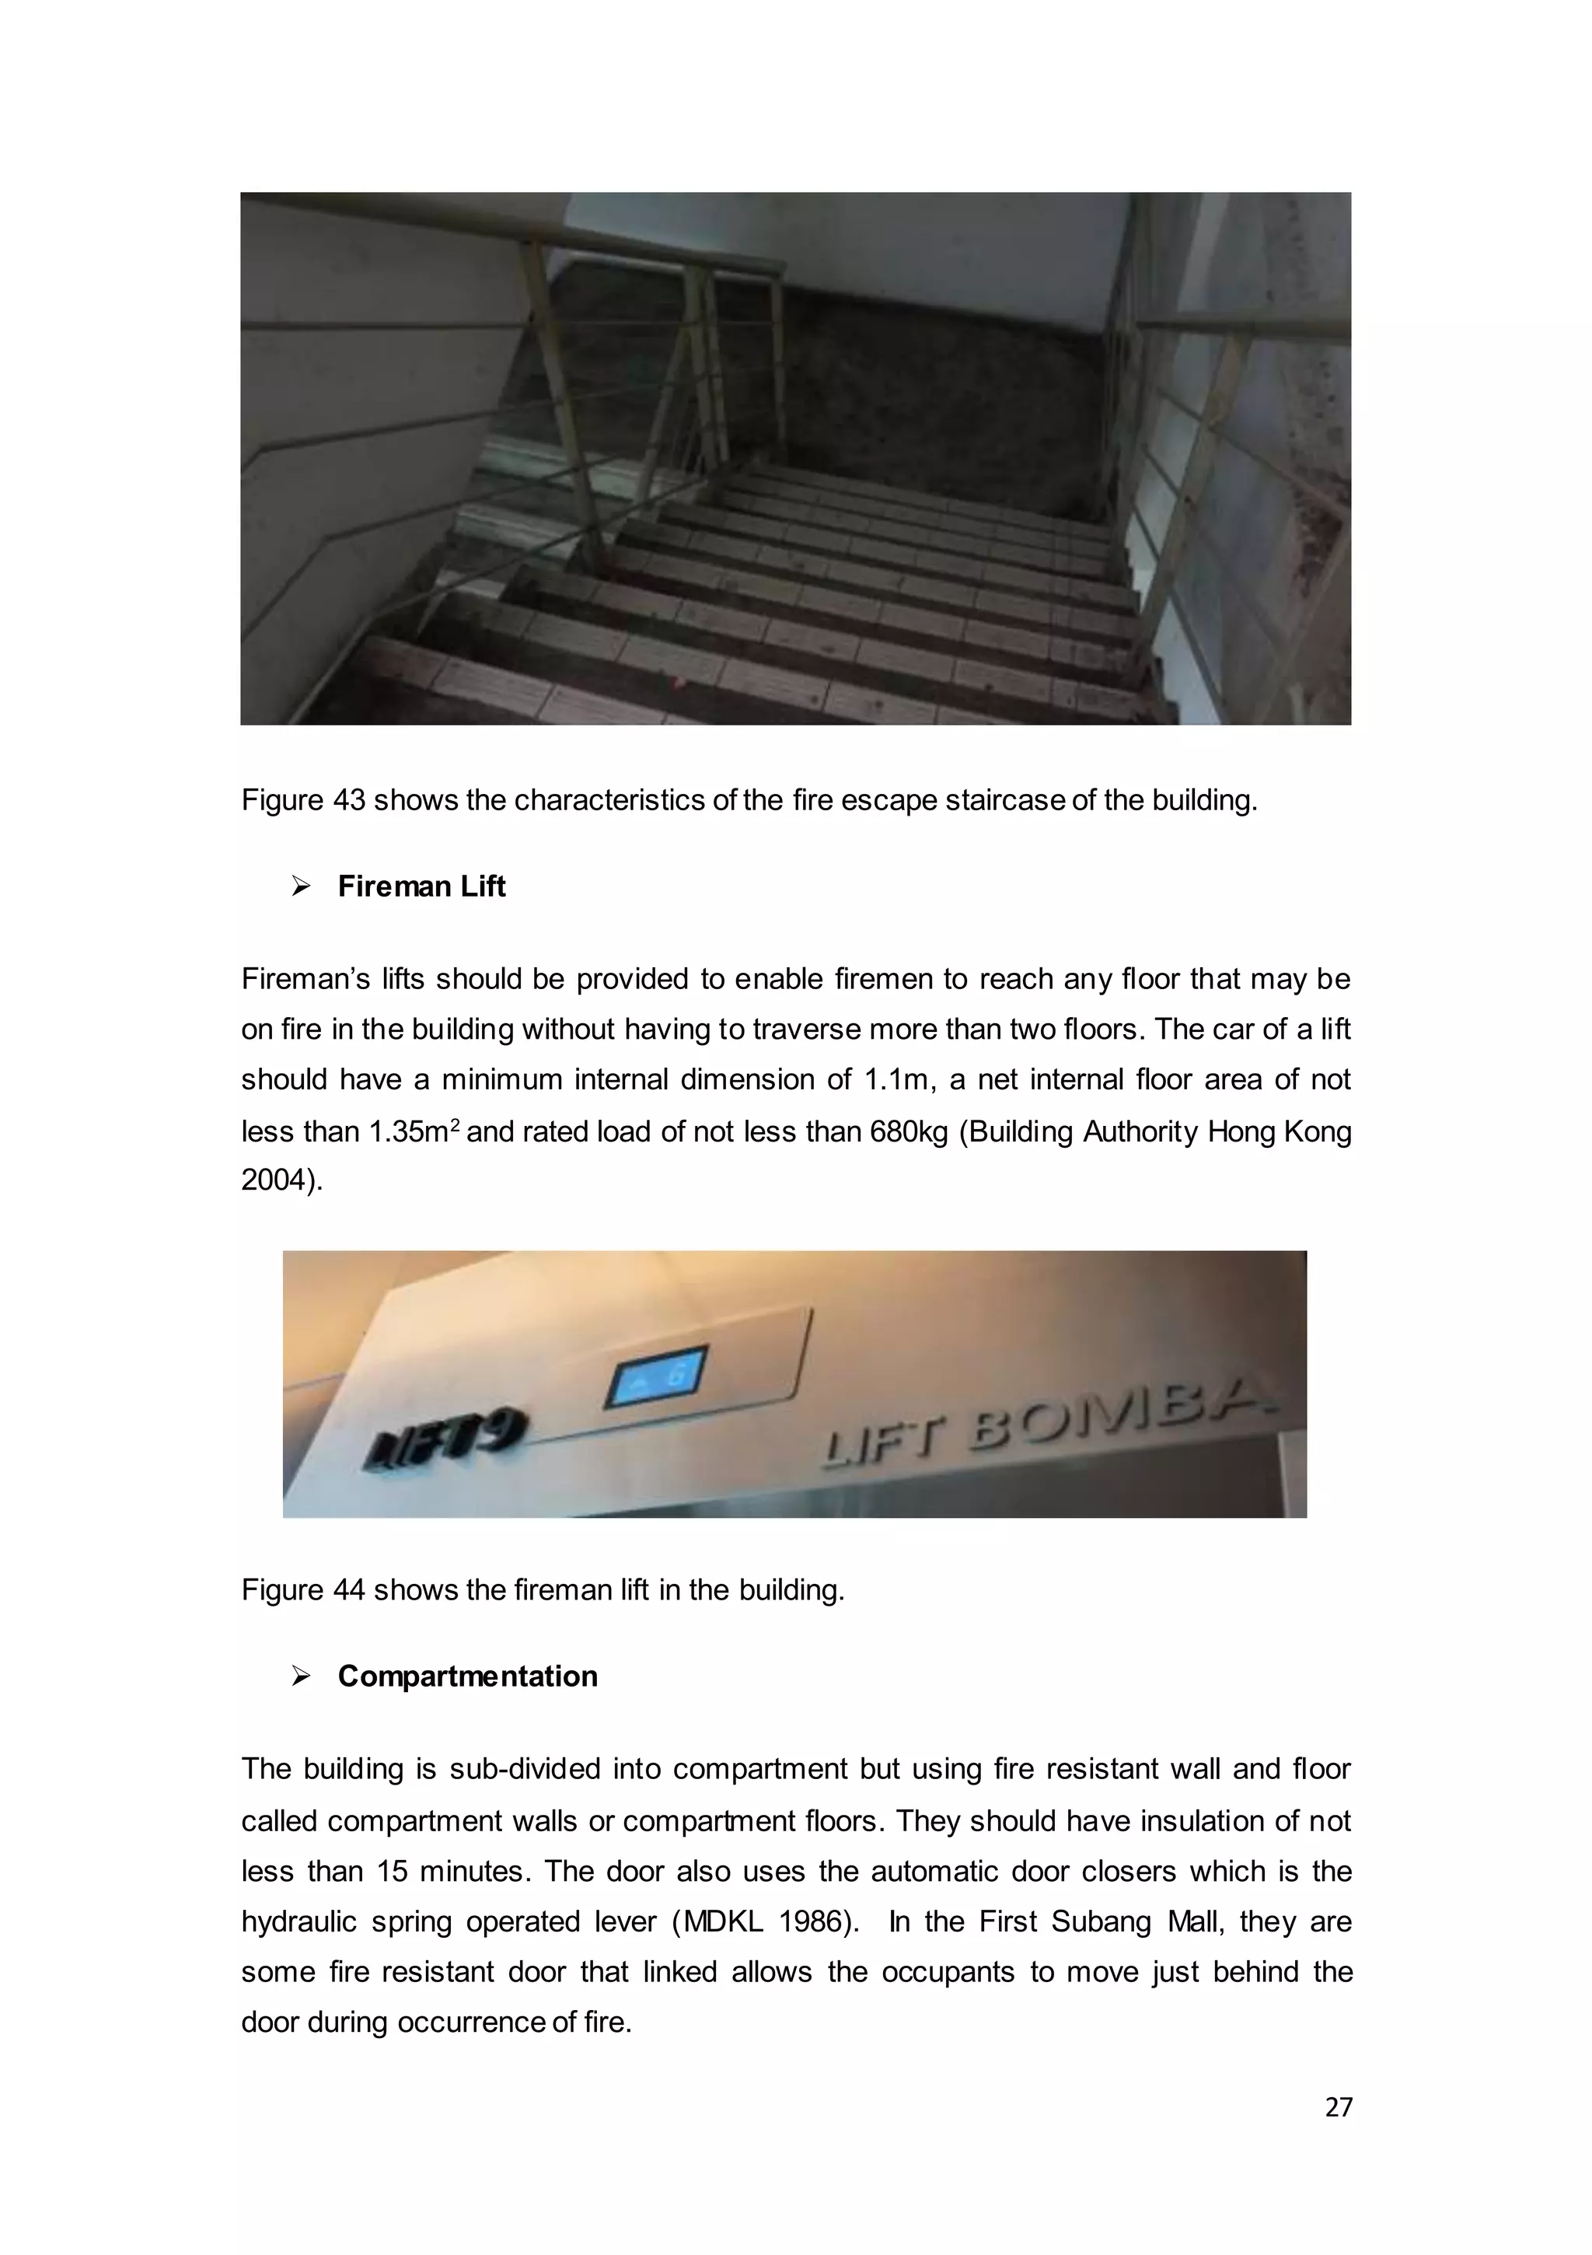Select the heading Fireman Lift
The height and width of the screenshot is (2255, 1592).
click(x=421, y=887)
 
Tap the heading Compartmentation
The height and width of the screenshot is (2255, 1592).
click(x=466, y=1676)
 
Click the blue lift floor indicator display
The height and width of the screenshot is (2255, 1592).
click(x=655, y=1376)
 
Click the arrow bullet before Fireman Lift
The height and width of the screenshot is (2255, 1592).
click(x=301, y=887)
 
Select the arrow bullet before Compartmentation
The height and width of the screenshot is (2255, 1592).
click(x=301, y=1676)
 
